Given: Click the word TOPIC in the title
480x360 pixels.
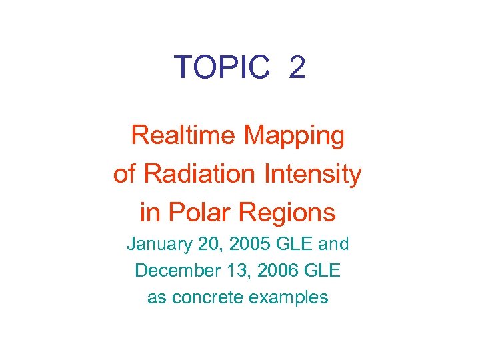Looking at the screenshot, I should [x=222, y=67].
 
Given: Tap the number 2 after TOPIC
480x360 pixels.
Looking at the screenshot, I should [x=297, y=67].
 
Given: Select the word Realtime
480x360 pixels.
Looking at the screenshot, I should [x=184, y=135].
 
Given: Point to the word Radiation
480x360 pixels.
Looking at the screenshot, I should [x=199, y=174].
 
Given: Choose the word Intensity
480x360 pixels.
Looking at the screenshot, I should [x=314, y=175].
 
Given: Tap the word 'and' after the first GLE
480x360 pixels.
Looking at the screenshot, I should [x=333, y=244].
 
